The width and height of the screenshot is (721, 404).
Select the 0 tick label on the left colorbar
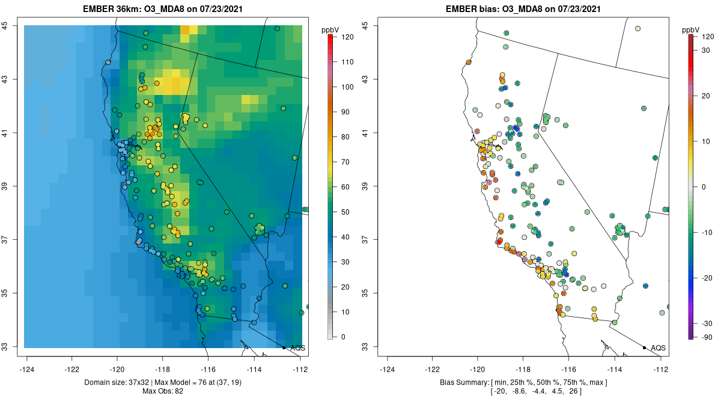344,337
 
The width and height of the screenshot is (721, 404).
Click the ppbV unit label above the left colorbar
330,29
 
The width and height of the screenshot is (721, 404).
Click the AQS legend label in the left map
297,348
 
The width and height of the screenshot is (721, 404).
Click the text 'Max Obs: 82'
162,391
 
